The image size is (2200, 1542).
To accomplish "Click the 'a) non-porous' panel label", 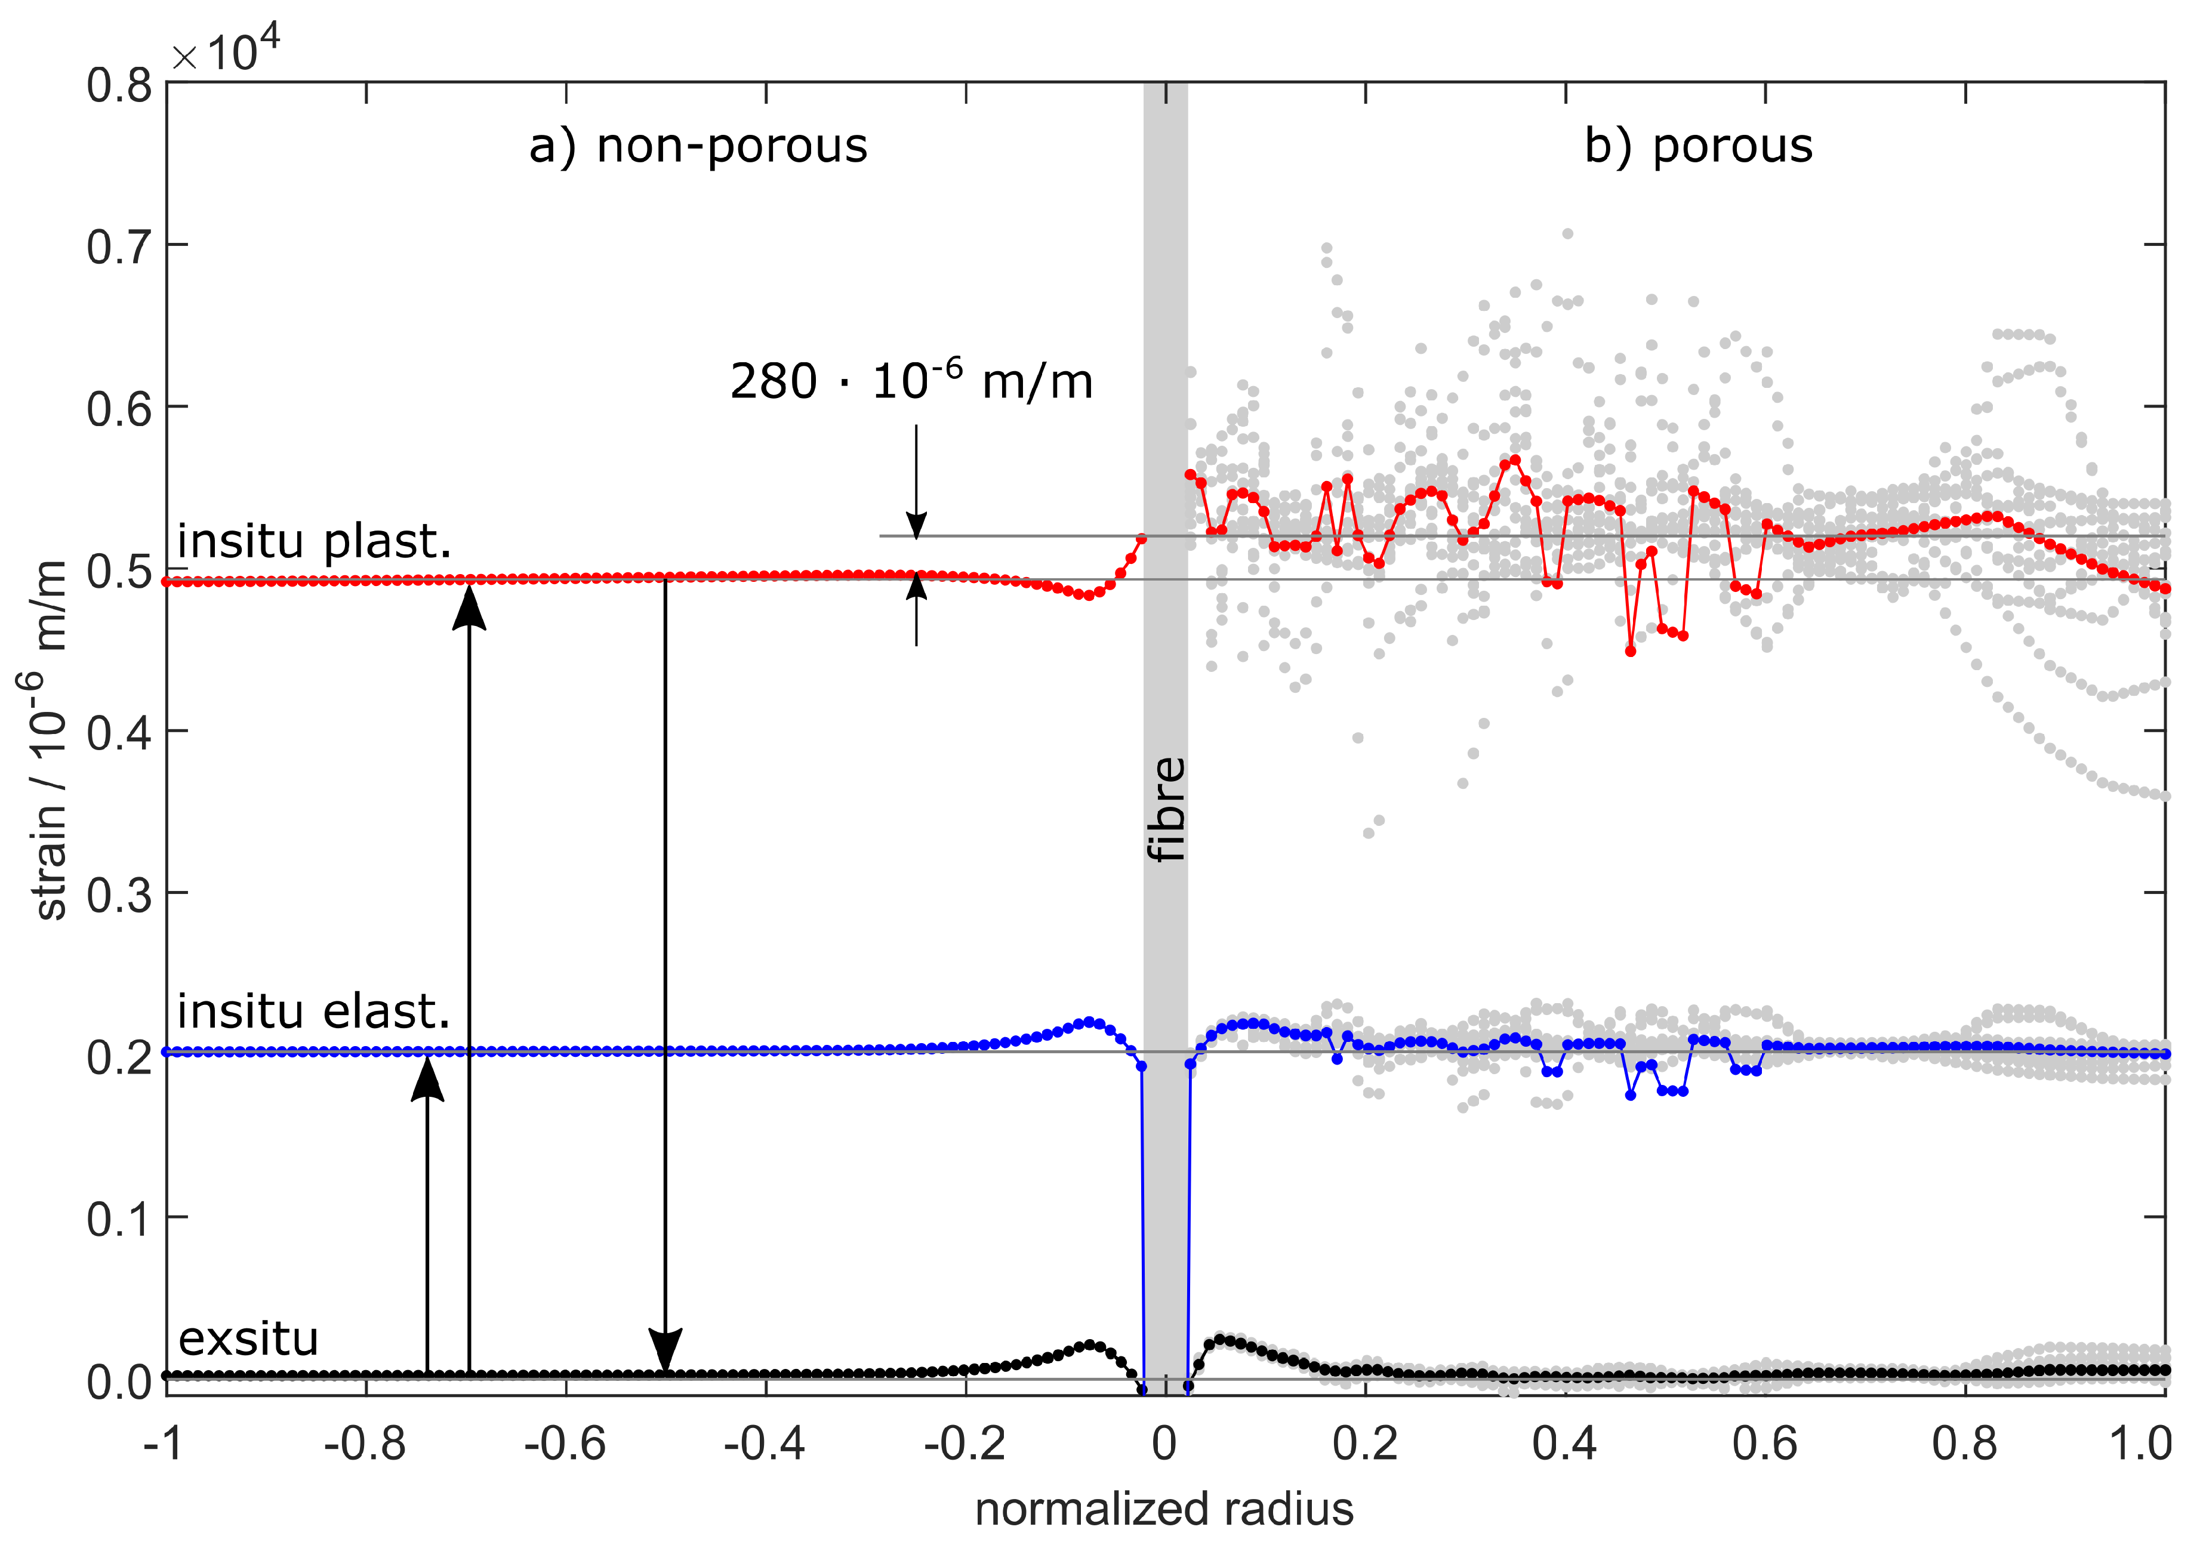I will tap(698, 147).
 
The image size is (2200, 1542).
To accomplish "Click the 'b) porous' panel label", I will tap(1698, 147).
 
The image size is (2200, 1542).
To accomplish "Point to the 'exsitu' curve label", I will tap(248, 1339).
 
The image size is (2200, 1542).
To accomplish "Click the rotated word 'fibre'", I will tap(1166, 809).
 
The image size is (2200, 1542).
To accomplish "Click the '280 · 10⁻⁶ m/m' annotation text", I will tap(910, 381).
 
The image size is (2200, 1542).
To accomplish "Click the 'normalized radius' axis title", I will tap(1164, 1509).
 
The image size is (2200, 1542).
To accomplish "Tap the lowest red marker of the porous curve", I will tap(1630, 651).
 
